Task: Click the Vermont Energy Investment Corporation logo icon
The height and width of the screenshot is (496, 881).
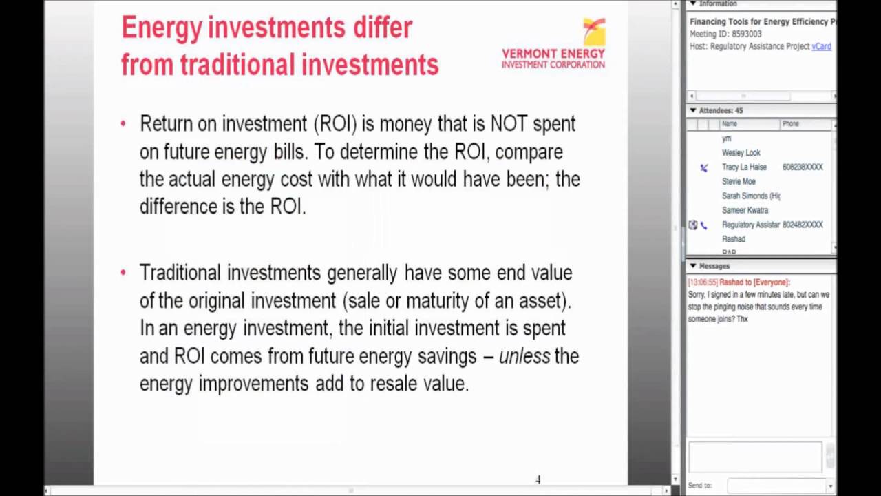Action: [593, 32]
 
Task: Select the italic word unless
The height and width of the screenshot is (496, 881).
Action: [524, 356]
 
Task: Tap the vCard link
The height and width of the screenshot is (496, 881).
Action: [821, 46]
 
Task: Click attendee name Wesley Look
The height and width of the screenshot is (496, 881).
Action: [741, 153]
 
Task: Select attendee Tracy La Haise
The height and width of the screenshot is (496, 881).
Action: [744, 167]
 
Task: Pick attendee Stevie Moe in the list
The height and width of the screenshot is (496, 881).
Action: [739, 182]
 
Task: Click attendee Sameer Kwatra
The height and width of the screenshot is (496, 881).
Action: [745, 211]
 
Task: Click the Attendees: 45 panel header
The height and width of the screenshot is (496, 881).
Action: [721, 110]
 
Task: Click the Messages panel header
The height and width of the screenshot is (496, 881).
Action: [714, 266]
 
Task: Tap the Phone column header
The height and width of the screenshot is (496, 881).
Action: [790, 124]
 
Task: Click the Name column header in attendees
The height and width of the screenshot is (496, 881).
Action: [730, 124]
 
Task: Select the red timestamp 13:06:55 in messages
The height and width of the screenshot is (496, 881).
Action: [702, 282]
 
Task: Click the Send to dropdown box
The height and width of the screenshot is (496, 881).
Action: [780, 486]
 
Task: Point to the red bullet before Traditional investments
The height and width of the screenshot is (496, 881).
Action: [123, 273]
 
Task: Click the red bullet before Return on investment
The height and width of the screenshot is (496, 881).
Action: [123, 124]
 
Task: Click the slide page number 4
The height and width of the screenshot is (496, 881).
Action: [538, 479]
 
